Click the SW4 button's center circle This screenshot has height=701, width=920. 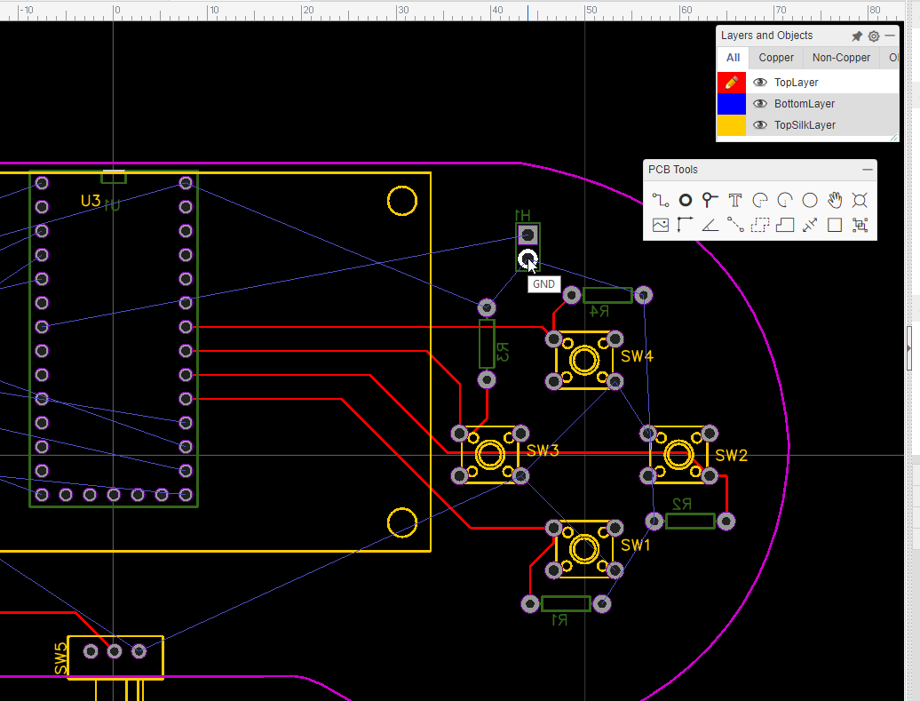point(584,361)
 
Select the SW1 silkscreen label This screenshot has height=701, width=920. point(636,545)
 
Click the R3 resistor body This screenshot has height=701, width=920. point(487,344)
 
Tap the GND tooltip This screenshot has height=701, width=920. point(543,284)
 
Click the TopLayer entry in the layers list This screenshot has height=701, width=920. point(796,82)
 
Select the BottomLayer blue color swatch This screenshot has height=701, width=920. point(731,104)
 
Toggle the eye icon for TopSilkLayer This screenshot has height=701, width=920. point(760,125)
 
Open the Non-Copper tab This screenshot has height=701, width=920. point(841,58)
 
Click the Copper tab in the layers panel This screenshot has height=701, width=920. point(776,58)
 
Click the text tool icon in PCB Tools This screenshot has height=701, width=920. point(734,200)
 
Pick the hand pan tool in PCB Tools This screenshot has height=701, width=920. point(835,200)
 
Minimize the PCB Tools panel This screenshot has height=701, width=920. point(868,170)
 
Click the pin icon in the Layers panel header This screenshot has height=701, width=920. point(857,36)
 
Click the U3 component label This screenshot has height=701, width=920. point(91,201)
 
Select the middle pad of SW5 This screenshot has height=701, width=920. point(115,651)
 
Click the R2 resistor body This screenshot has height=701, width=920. point(690,521)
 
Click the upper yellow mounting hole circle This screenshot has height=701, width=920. point(402,201)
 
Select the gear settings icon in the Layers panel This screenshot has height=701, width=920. point(874,36)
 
